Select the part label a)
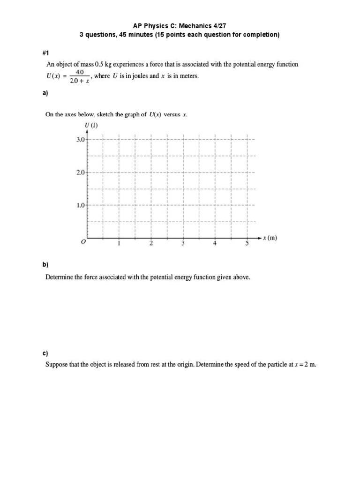[45, 93]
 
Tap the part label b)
[45, 265]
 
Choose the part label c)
[45, 352]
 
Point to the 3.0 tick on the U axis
[80, 140]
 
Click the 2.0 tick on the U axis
[80, 172]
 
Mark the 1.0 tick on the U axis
[80, 205]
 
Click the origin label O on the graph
[83, 242]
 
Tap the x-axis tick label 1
[119, 243]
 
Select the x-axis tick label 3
[183, 243]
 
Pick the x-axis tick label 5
[247, 243]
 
